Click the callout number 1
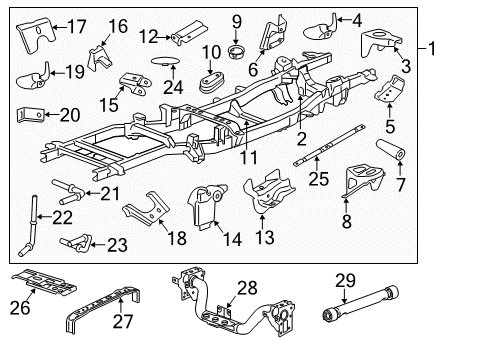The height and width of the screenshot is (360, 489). [x=432, y=48]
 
